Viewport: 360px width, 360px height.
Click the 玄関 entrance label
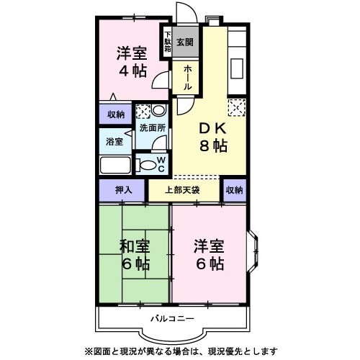[185, 42]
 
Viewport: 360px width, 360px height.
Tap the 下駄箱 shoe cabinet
[168, 42]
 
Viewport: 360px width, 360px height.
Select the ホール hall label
[188, 78]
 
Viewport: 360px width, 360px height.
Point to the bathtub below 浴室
[115, 165]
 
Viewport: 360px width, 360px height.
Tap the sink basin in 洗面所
[158, 110]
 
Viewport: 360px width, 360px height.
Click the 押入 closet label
[124, 190]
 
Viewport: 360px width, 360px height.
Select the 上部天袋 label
[182, 190]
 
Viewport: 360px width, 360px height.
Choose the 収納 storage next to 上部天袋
[235, 190]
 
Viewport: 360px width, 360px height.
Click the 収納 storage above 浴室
[116, 114]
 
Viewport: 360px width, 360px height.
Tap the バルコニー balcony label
[172, 319]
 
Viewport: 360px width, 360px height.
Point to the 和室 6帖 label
[135, 255]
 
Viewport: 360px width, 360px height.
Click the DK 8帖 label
[213, 138]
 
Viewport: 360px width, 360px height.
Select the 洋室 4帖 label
[132, 62]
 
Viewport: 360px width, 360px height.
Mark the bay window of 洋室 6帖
[253, 251]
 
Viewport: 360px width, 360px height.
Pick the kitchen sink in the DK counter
[237, 68]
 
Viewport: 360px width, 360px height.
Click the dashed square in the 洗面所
[143, 112]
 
